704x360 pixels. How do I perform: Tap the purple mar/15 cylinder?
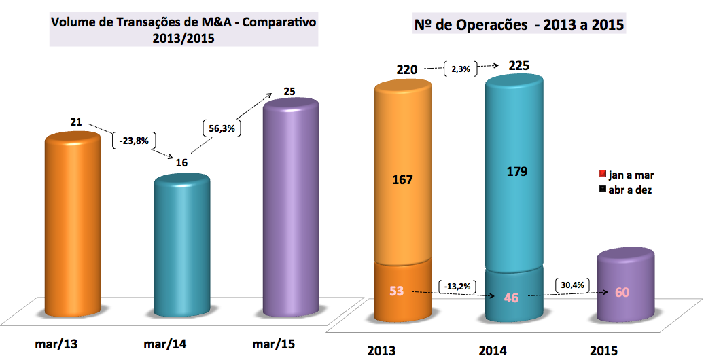[290, 204]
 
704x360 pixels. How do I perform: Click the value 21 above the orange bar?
[76, 122]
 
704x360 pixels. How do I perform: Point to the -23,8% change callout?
[133, 141]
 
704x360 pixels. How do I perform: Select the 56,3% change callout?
[223, 127]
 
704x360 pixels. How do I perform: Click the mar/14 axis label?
[166, 344]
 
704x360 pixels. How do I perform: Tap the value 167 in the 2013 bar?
[402, 180]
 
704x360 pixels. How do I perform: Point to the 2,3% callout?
[461, 69]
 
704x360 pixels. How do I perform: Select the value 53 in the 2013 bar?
[397, 291]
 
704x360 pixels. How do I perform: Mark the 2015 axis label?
[604, 350]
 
